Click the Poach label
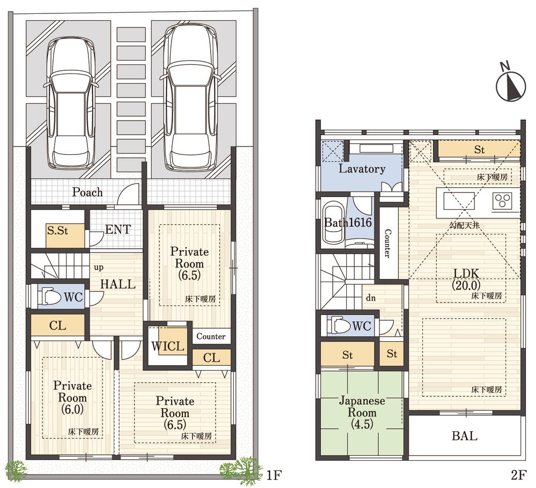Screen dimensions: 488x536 click(x=87, y=192)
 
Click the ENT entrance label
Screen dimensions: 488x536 click(x=117, y=230)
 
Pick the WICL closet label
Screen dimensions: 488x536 click(x=167, y=346)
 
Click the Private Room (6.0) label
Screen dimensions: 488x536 click(x=72, y=398)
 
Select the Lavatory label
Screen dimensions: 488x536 click(x=362, y=169)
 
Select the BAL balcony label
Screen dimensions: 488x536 click(x=464, y=436)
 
